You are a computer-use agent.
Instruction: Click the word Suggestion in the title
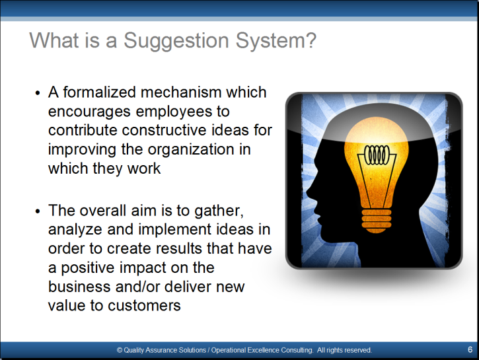[x=176, y=41]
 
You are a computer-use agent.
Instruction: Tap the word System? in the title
[x=276, y=41]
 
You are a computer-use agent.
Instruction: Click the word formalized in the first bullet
[x=99, y=92]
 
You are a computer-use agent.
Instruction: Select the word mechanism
[x=181, y=92]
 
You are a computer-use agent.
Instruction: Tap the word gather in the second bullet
[x=219, y=211]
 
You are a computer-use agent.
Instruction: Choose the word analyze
[x=75, y=231]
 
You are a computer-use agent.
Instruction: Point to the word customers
[x=144, y=306]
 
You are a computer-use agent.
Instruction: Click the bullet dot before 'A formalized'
[x=38, y=93]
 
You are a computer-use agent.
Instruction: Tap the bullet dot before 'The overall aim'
[x=38, y=211]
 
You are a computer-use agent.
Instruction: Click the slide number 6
[x=470, y=349]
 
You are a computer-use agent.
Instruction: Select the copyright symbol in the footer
[x=120, y=350]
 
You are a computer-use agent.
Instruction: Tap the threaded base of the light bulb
[x=377, y=221]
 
